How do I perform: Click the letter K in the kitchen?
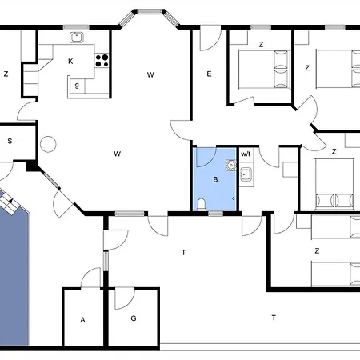(x=70, y=62)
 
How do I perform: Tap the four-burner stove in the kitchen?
(x=102, y=61)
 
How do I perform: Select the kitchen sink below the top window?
(x=77, y=37)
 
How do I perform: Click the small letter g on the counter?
(x=77, y=86)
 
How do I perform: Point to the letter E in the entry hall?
(x=209, y=74)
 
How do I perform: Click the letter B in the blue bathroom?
(x=215, y=180)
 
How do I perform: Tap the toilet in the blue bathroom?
(x=202, y=205)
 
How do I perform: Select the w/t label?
(x=246, y=154)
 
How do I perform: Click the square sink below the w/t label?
(x=246, y=174)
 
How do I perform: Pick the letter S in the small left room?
(x=10, y=141)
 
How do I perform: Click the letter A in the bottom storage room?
(x=82, y=320)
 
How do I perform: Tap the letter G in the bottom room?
(x=134, y=318)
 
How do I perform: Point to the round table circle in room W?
(x=48, y=144)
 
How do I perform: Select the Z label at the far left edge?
(x=6, y=74)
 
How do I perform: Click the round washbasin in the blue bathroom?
(x=231, y=166)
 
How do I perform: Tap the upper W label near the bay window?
(x=150, y=75)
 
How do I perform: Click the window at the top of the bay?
(x=150, y=11)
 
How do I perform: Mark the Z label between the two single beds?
(x=317, y=250)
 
